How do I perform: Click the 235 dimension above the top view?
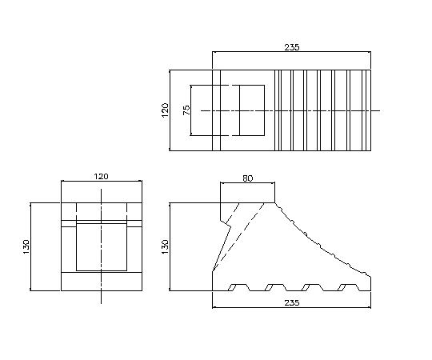pos(292,47)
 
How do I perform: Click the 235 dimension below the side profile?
pos(292,303)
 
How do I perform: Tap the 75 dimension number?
pos(186,110)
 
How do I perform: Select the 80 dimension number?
pos(248,178)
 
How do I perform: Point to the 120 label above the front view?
pos(102,176)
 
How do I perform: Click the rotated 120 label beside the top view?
pos(165,110)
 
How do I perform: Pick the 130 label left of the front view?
pos(26,246)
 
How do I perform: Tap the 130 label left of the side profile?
pos(165,246)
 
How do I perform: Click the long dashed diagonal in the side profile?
pos(238,237)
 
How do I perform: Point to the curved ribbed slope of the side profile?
pos(323,242)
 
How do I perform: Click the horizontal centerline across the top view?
pos(290,110)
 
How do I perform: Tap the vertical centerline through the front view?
pos(101,246)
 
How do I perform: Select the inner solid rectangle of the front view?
pos(102,247)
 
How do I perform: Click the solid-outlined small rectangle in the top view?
pos(252,110)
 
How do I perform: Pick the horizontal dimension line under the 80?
pos(247,182)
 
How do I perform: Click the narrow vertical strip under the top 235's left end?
pos(216,110)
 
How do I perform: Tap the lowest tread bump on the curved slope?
pos(365,274)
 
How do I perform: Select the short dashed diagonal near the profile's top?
pos(232,214)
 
